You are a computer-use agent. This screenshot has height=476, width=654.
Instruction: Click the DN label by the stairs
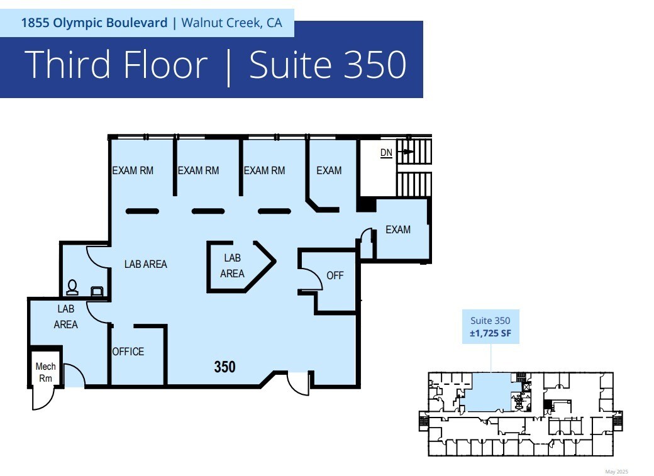point(386,153)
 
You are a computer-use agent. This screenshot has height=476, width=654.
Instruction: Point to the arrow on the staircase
point(406,152)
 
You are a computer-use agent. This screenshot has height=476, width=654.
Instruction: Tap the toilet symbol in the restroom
point(72,287)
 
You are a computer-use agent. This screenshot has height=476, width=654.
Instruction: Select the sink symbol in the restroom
point(97,291)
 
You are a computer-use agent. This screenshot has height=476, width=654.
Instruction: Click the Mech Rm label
point(45,372)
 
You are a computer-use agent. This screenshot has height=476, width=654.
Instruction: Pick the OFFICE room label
point(128,351)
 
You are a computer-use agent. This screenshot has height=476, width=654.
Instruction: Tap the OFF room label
point(335,275)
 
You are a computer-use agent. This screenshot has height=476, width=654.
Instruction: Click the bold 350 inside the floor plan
point(225,367)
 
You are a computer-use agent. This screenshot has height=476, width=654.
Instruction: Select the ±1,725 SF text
point(490,333)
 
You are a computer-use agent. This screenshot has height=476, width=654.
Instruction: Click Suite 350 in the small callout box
point(490,321)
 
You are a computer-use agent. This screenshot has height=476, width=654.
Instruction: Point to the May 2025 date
point(616,472)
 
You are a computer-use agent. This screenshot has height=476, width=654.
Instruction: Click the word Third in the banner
point(69,64)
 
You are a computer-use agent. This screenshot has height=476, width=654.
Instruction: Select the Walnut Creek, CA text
point(231,23)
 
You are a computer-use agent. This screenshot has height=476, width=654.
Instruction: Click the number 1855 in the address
point(36,23)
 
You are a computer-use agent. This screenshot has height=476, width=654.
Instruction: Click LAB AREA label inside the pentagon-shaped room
point(232,266)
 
